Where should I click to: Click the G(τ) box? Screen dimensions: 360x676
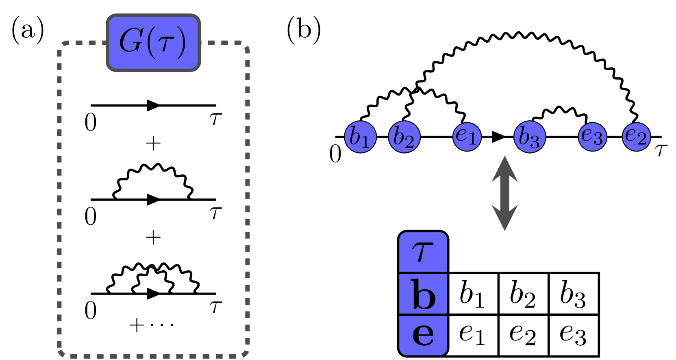coord(153,43)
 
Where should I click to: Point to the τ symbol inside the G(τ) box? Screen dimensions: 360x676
coord(165,43)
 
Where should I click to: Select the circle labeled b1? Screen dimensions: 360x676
coord(360,137)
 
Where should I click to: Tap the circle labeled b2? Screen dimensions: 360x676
coord(404,137)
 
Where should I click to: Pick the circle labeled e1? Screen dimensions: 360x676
coord(467,137)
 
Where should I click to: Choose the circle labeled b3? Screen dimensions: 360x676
coord(529,137)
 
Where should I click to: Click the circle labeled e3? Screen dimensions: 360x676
coord(592,137)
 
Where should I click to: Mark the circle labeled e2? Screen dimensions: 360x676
coord(636,137)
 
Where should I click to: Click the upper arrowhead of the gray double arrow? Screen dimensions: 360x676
coord(504,169)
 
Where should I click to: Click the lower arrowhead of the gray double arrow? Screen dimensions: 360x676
coord(504,218)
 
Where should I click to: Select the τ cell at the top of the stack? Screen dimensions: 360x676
coord(423,252)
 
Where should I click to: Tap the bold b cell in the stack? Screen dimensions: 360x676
coord(423,294)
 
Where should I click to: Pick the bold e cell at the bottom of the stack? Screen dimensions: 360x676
coord(423,335)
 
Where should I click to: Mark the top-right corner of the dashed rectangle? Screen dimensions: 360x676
coord(245,46)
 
